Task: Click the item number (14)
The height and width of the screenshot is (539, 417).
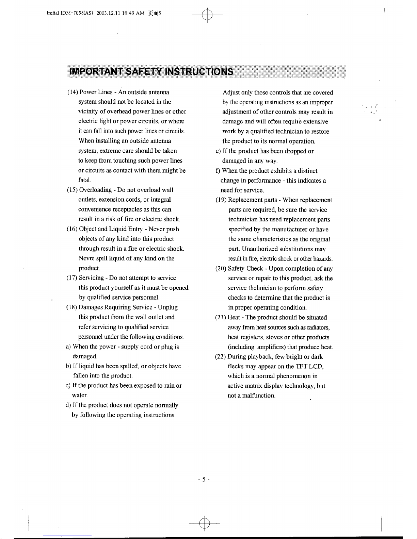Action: coord(73,92)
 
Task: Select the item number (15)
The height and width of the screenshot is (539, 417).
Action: coord(72,190)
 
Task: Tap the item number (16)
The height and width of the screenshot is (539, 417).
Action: coord(72,229)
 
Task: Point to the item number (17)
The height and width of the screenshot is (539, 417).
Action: coord(72,278)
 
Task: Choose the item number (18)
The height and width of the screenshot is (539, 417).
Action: coord(72,307)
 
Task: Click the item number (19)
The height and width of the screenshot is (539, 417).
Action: coord(221,200)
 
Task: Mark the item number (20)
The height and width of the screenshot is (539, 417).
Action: coord(221,269)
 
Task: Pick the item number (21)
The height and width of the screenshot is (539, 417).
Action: coord(221,318)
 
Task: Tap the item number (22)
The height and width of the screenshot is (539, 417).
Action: coord(221,357)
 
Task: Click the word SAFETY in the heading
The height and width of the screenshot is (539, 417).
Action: coord(144,72)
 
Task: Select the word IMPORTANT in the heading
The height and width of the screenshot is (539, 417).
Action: coord(96,72)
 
